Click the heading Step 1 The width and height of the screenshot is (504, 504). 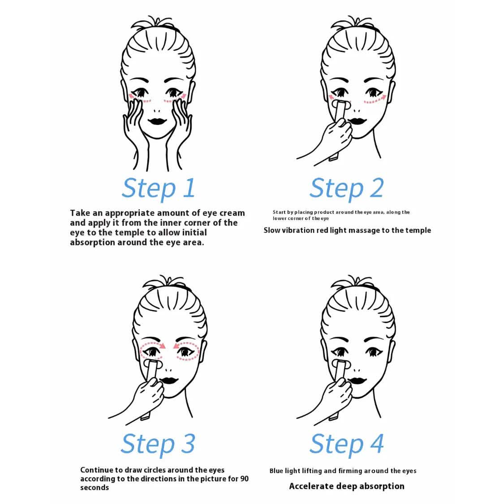[x=158, y=189]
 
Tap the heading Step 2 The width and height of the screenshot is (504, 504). [x=346, y=189]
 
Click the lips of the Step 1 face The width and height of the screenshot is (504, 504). [x=157, y=121]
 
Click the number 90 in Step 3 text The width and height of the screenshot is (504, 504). [x=244, y=479]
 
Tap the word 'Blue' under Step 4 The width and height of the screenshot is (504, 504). [x=277, y=471]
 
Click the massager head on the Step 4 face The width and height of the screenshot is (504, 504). [x=341, y=365]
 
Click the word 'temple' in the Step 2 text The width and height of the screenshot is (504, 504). [x=418, y=231]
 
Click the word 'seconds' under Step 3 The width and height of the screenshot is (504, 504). [x=94, y=488]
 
